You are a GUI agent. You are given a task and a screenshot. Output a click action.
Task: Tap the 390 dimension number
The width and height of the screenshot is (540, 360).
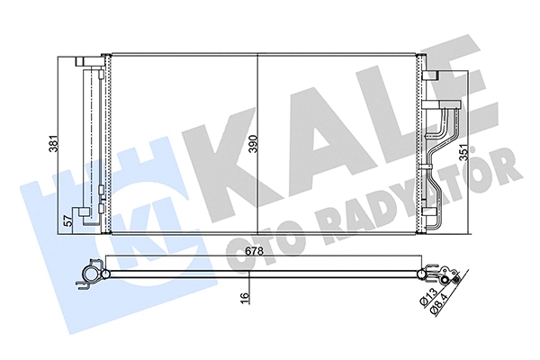coord(253,144)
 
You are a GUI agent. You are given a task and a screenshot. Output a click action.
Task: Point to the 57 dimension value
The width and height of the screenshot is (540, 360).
coord(67,219)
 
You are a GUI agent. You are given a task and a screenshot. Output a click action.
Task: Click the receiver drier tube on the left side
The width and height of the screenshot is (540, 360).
coord(89,139)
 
